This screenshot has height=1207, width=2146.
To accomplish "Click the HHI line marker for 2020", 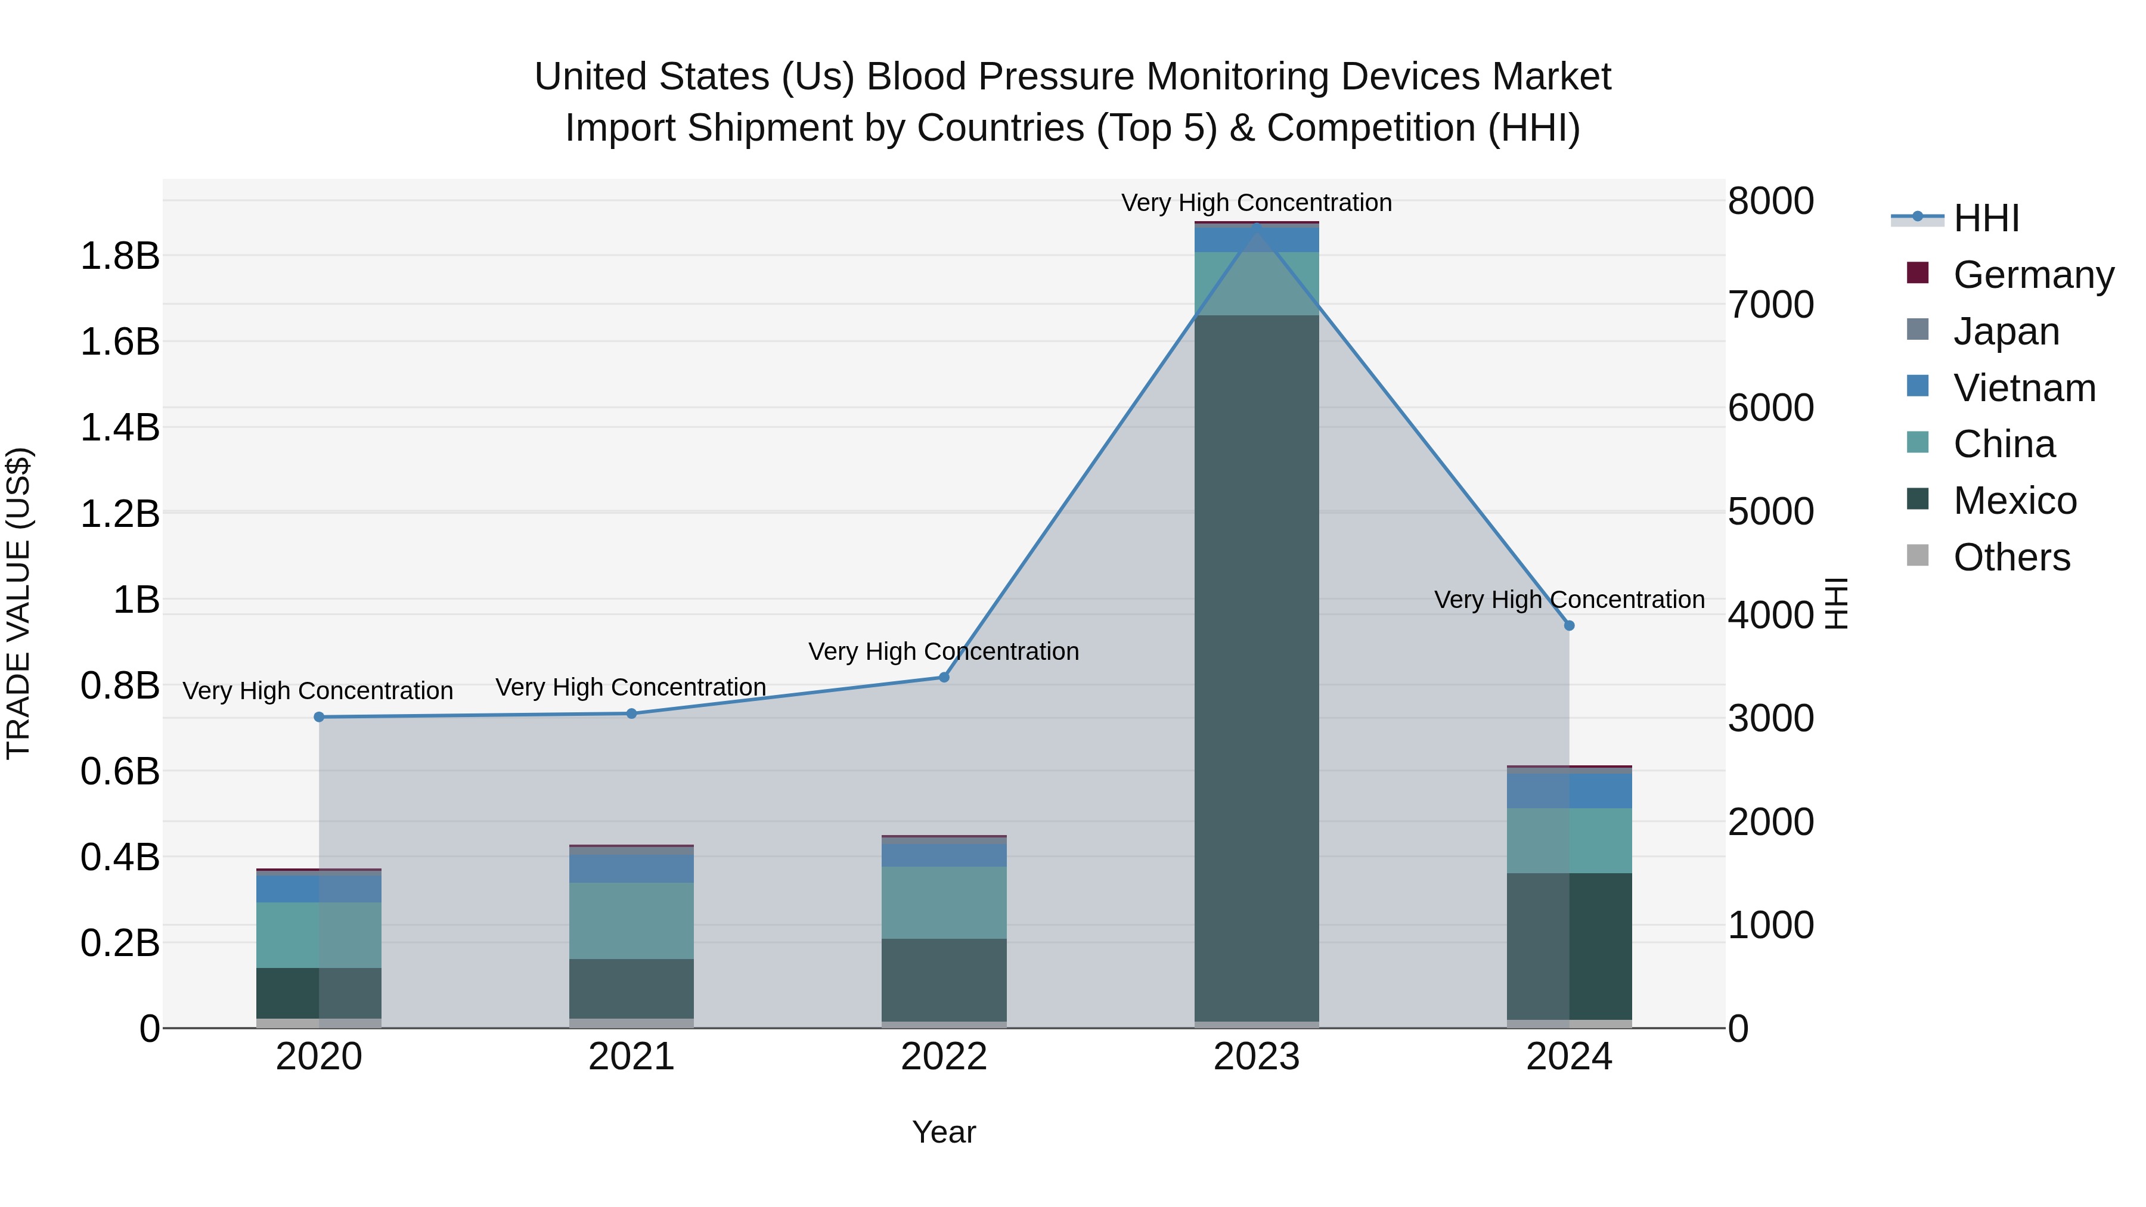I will (318, 717).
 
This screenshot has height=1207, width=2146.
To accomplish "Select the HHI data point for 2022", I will (944, 677).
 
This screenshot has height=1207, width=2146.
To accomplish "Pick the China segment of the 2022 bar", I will (944, 903).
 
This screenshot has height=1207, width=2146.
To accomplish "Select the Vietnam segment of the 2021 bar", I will (631, 869).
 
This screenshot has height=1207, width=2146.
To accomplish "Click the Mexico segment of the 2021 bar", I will (631, 989).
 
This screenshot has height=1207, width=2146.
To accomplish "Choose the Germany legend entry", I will (2033, 275).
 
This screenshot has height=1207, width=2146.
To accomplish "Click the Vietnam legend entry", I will (2024, 388).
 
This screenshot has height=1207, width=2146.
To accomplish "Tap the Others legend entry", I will (2011, 557).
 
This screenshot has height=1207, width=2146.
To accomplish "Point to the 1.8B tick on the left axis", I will (120, 256).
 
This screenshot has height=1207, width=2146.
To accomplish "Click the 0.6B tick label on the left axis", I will (120, 771).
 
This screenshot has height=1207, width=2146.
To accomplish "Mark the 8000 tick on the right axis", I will (1770, 201).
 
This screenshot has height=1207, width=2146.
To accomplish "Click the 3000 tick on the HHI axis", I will (1770, 718).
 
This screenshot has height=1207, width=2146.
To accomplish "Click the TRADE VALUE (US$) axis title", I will (18, 603).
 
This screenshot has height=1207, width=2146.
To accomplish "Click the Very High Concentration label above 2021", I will (631, 687).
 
